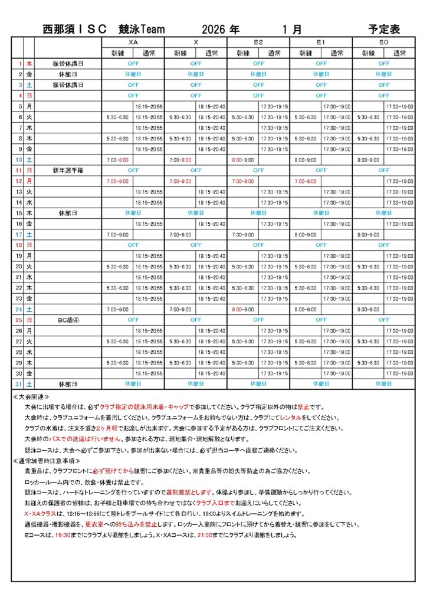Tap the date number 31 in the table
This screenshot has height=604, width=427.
[19, 384]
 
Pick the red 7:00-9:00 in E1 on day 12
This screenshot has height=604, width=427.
[306, 180]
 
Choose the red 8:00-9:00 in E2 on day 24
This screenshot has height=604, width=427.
[243, 308]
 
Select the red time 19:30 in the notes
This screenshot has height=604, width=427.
[62, 535]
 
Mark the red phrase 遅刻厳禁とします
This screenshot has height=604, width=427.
[183, 493]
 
